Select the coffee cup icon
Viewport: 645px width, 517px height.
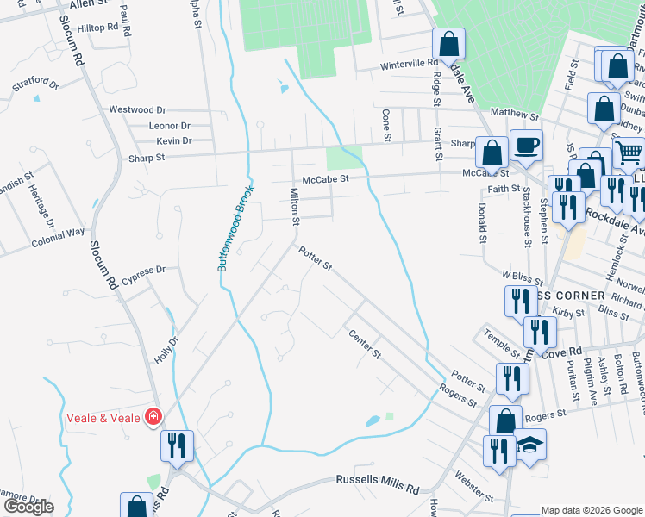(525, 144)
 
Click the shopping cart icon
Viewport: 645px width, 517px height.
(629, 153)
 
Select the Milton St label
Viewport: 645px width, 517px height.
(294, 207)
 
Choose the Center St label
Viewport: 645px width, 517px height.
(363, 344)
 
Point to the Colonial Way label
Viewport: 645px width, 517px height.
(59, 232)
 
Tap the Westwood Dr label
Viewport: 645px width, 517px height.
(136, 109)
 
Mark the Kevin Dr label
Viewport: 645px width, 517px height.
(173, 140)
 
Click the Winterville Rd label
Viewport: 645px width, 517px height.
(410, 64)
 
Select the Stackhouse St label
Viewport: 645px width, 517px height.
(524, 221)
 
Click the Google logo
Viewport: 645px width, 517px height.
(28, 507)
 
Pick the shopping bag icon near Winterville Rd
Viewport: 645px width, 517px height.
(448, 43)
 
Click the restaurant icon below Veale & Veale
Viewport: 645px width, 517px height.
(177, 445)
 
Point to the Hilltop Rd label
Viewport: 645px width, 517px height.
(97, 28)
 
